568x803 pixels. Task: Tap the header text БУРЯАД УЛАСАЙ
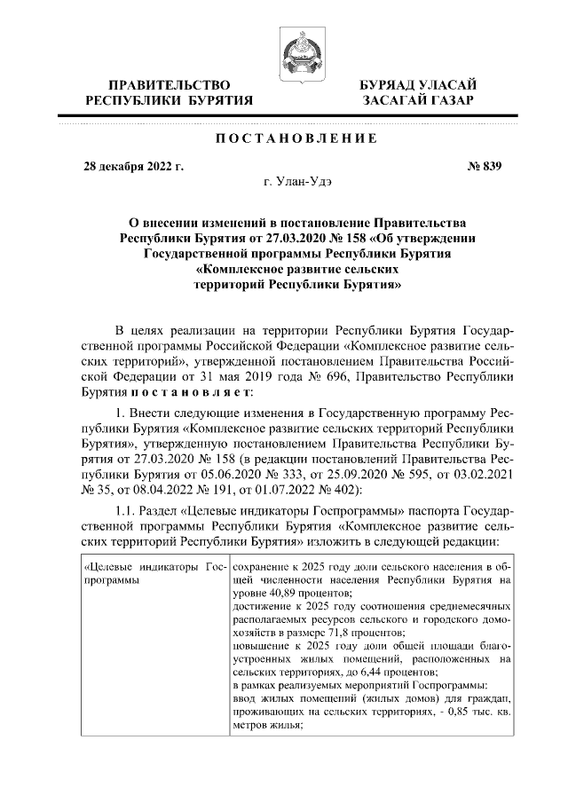pos(417,85)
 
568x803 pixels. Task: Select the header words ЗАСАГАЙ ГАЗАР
pos(417,101)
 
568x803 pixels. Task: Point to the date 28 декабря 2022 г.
pos(133,166)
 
